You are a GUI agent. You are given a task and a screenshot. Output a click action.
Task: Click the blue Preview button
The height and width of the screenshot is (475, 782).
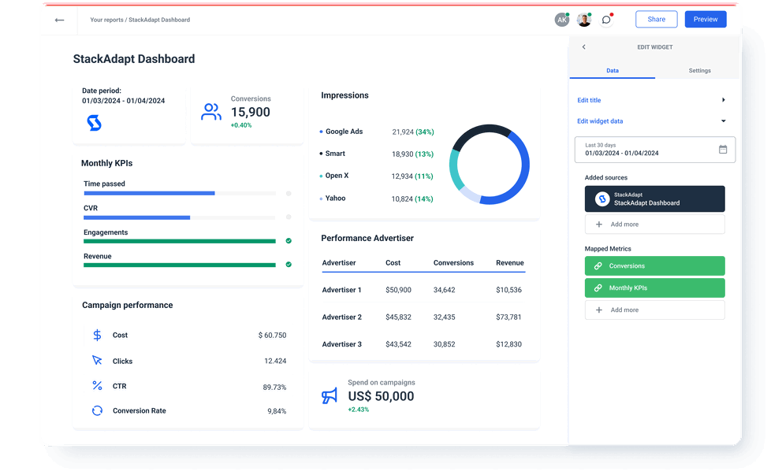pos(705,20)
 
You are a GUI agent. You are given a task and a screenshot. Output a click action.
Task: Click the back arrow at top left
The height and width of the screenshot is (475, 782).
pos(59,20)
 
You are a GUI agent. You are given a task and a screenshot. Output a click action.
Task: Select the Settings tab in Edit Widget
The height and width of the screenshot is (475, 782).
pos(699,71)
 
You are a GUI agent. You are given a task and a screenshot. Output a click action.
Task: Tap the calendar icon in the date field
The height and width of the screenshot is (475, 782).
pos(723,150)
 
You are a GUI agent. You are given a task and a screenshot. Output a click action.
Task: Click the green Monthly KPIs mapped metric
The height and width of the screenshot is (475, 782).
pos(654,288)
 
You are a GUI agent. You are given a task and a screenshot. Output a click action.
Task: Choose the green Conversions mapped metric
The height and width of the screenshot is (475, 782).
pos(654,266)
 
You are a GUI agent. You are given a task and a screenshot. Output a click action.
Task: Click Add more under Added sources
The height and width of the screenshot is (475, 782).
pos(654,225)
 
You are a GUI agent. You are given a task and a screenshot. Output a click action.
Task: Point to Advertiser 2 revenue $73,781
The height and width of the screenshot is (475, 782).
pos(508,317)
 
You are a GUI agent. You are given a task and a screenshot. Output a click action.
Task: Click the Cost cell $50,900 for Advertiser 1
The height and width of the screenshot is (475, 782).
pos(398,291)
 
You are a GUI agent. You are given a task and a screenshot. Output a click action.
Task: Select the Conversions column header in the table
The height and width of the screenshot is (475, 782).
pos(453,263)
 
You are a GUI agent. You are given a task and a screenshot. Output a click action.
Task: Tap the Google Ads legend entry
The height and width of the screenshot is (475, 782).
pos(344,132)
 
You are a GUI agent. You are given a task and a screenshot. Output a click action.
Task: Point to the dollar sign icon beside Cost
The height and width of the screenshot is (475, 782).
pos(97,336)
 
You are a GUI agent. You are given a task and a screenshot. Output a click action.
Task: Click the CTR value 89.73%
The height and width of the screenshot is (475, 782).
pos(274,388)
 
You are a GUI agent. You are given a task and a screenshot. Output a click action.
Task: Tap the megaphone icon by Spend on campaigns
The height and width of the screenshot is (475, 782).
pos(330,395)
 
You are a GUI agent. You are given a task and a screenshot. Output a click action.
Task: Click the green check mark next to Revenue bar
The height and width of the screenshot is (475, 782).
pos(289,265)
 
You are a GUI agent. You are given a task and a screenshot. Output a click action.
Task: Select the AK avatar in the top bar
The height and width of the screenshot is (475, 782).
pos(561,20)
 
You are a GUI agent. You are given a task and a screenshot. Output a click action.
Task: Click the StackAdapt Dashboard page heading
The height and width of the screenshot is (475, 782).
pos(134,59)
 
